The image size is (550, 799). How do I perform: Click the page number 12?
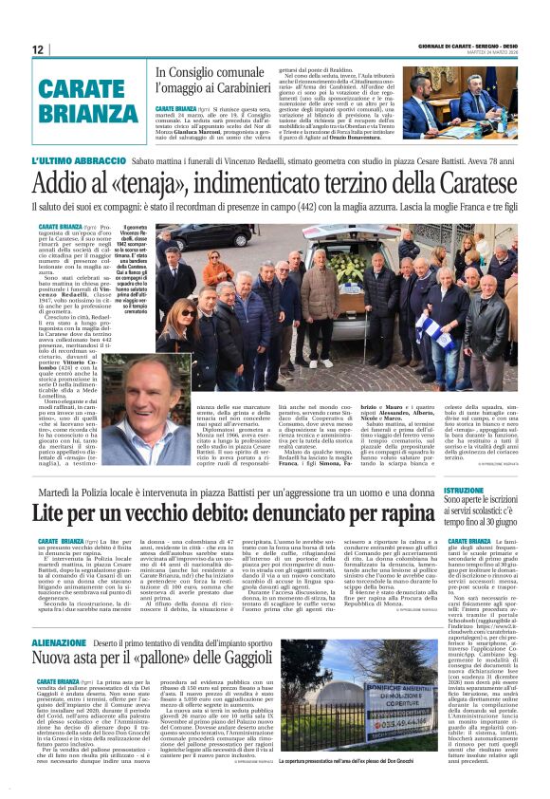[x=37, y=49]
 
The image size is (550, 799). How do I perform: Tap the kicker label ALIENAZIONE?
[x=65, y=641]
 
